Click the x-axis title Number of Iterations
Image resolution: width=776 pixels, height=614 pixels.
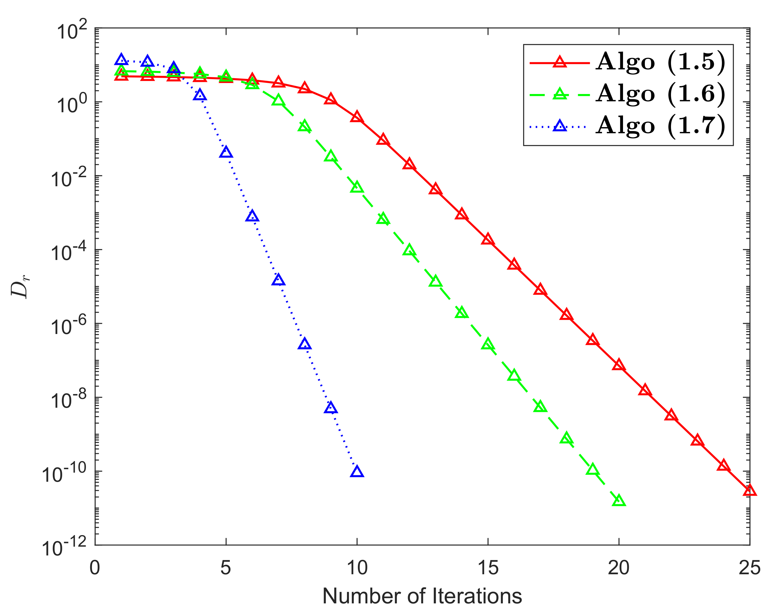[422, 596]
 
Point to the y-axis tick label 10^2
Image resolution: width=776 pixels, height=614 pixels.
[72, 31]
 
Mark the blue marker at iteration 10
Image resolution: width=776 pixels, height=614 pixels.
[357, 472]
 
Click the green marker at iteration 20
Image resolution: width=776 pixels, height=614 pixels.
[619, 501]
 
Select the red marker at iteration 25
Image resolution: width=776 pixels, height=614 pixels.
[749, 490]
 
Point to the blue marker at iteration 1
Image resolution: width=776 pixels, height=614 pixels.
[121, 60]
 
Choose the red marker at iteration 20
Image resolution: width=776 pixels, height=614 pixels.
[619, 365]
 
